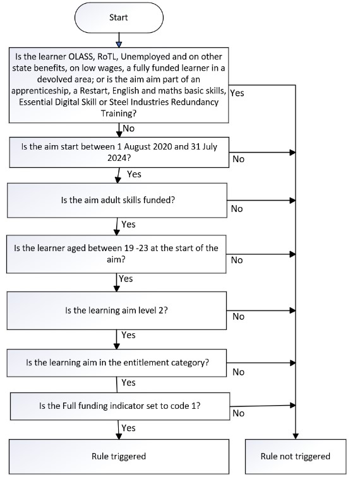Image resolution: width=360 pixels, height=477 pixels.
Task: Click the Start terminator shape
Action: pos(119,18)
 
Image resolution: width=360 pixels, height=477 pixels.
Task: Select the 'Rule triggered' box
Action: pos(119,456)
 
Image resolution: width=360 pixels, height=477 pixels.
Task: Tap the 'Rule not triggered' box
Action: pos(296,456)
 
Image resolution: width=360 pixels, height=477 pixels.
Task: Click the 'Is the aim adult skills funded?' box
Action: pos(117,200)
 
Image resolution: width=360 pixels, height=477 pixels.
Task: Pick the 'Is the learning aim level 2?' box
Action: pos(117,310)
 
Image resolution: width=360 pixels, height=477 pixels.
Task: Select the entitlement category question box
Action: pos(117,363)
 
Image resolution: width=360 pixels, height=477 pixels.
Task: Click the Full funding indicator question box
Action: pos(120,406)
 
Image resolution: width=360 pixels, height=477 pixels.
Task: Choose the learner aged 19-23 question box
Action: pos(116,254)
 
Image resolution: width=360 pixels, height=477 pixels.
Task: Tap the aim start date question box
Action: pos(119,152)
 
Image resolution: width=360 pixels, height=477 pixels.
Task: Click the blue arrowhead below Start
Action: pos(119,45)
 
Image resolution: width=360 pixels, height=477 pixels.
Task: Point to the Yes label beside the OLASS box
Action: pos(237,93)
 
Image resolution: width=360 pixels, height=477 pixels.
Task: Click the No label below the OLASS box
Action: pos(129,128)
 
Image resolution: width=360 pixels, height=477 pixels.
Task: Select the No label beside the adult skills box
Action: pos(237,209)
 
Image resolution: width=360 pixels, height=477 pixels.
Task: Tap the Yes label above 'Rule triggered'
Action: pos(129,428)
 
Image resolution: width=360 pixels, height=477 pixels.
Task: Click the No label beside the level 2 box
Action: pos(239,317)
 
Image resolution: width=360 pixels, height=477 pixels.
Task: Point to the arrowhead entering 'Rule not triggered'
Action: pos(296,436)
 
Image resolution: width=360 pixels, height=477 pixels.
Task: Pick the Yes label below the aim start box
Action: pos(135,174)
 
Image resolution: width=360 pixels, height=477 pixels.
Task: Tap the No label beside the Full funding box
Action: pos(239,413)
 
